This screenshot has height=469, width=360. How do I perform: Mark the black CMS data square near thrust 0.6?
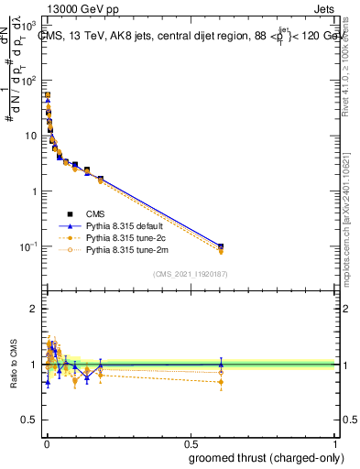(x=220, y=246)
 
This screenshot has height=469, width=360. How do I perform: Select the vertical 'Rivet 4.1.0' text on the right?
(x=352, y=64)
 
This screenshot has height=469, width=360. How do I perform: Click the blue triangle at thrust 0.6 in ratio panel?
(x=220, y=364)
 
